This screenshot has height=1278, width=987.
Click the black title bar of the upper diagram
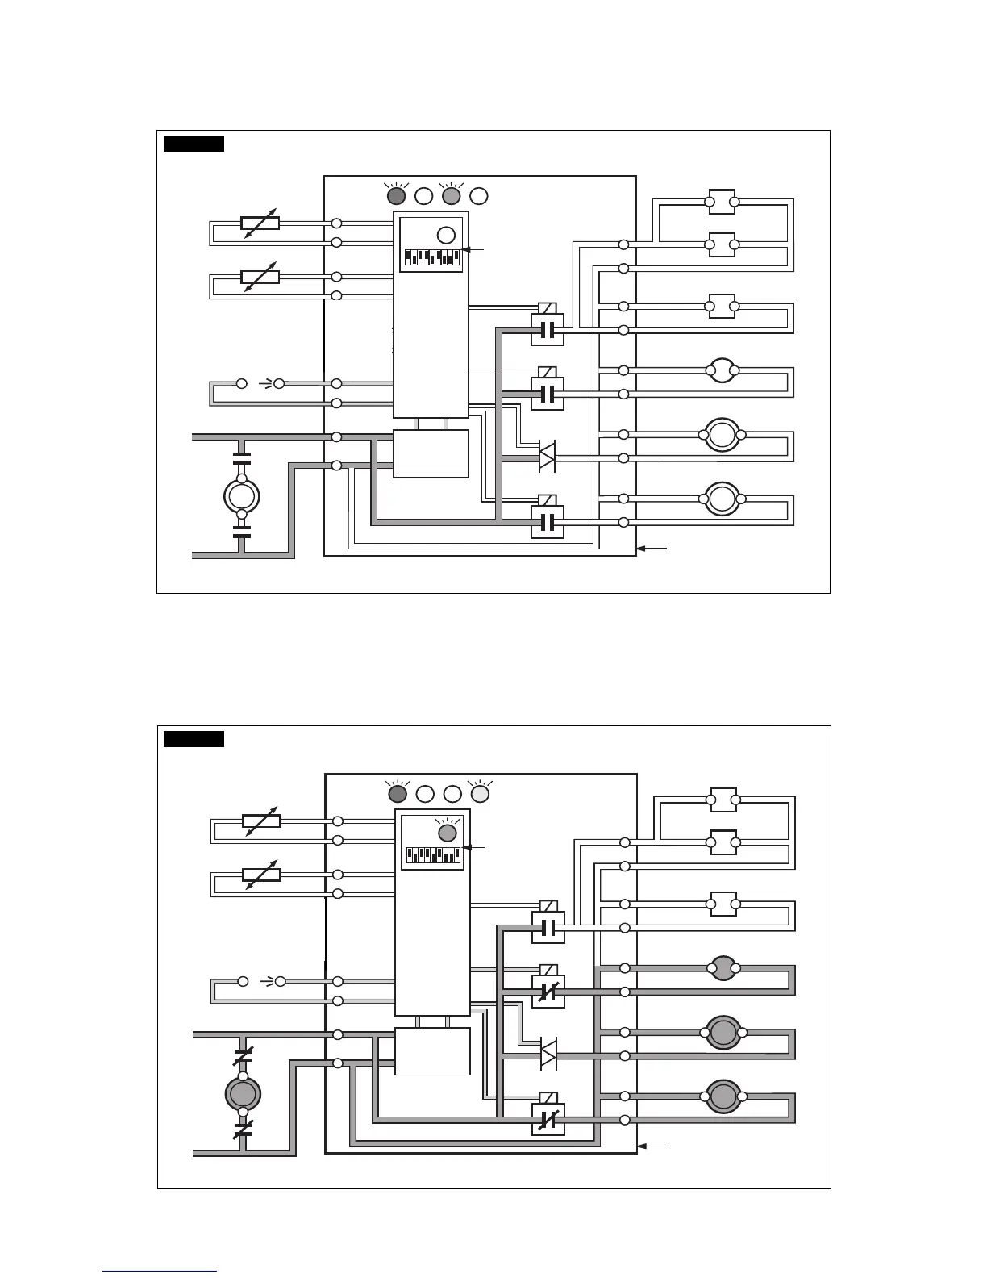194,144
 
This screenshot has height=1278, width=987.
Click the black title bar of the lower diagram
194,739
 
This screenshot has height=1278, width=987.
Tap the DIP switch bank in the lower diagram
433,854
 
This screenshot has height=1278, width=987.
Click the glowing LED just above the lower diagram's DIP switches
448,832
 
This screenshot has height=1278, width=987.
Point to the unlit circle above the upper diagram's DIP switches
446,235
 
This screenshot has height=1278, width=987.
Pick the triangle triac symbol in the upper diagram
547,457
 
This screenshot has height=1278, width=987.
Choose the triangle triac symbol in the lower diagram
548,1055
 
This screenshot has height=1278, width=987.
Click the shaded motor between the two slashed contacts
242,1093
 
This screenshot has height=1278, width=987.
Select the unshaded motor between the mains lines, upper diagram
241,496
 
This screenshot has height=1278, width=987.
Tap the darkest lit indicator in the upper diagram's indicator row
397,195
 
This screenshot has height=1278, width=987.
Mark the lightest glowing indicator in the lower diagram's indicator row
480,794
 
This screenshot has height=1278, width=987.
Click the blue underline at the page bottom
160,1272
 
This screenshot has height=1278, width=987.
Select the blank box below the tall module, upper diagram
431,454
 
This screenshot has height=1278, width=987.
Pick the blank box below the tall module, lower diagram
432,1051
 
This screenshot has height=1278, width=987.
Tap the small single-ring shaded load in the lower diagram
723,968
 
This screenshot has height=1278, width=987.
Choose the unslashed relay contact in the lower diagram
548,928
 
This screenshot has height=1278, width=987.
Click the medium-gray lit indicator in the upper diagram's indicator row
452,195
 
